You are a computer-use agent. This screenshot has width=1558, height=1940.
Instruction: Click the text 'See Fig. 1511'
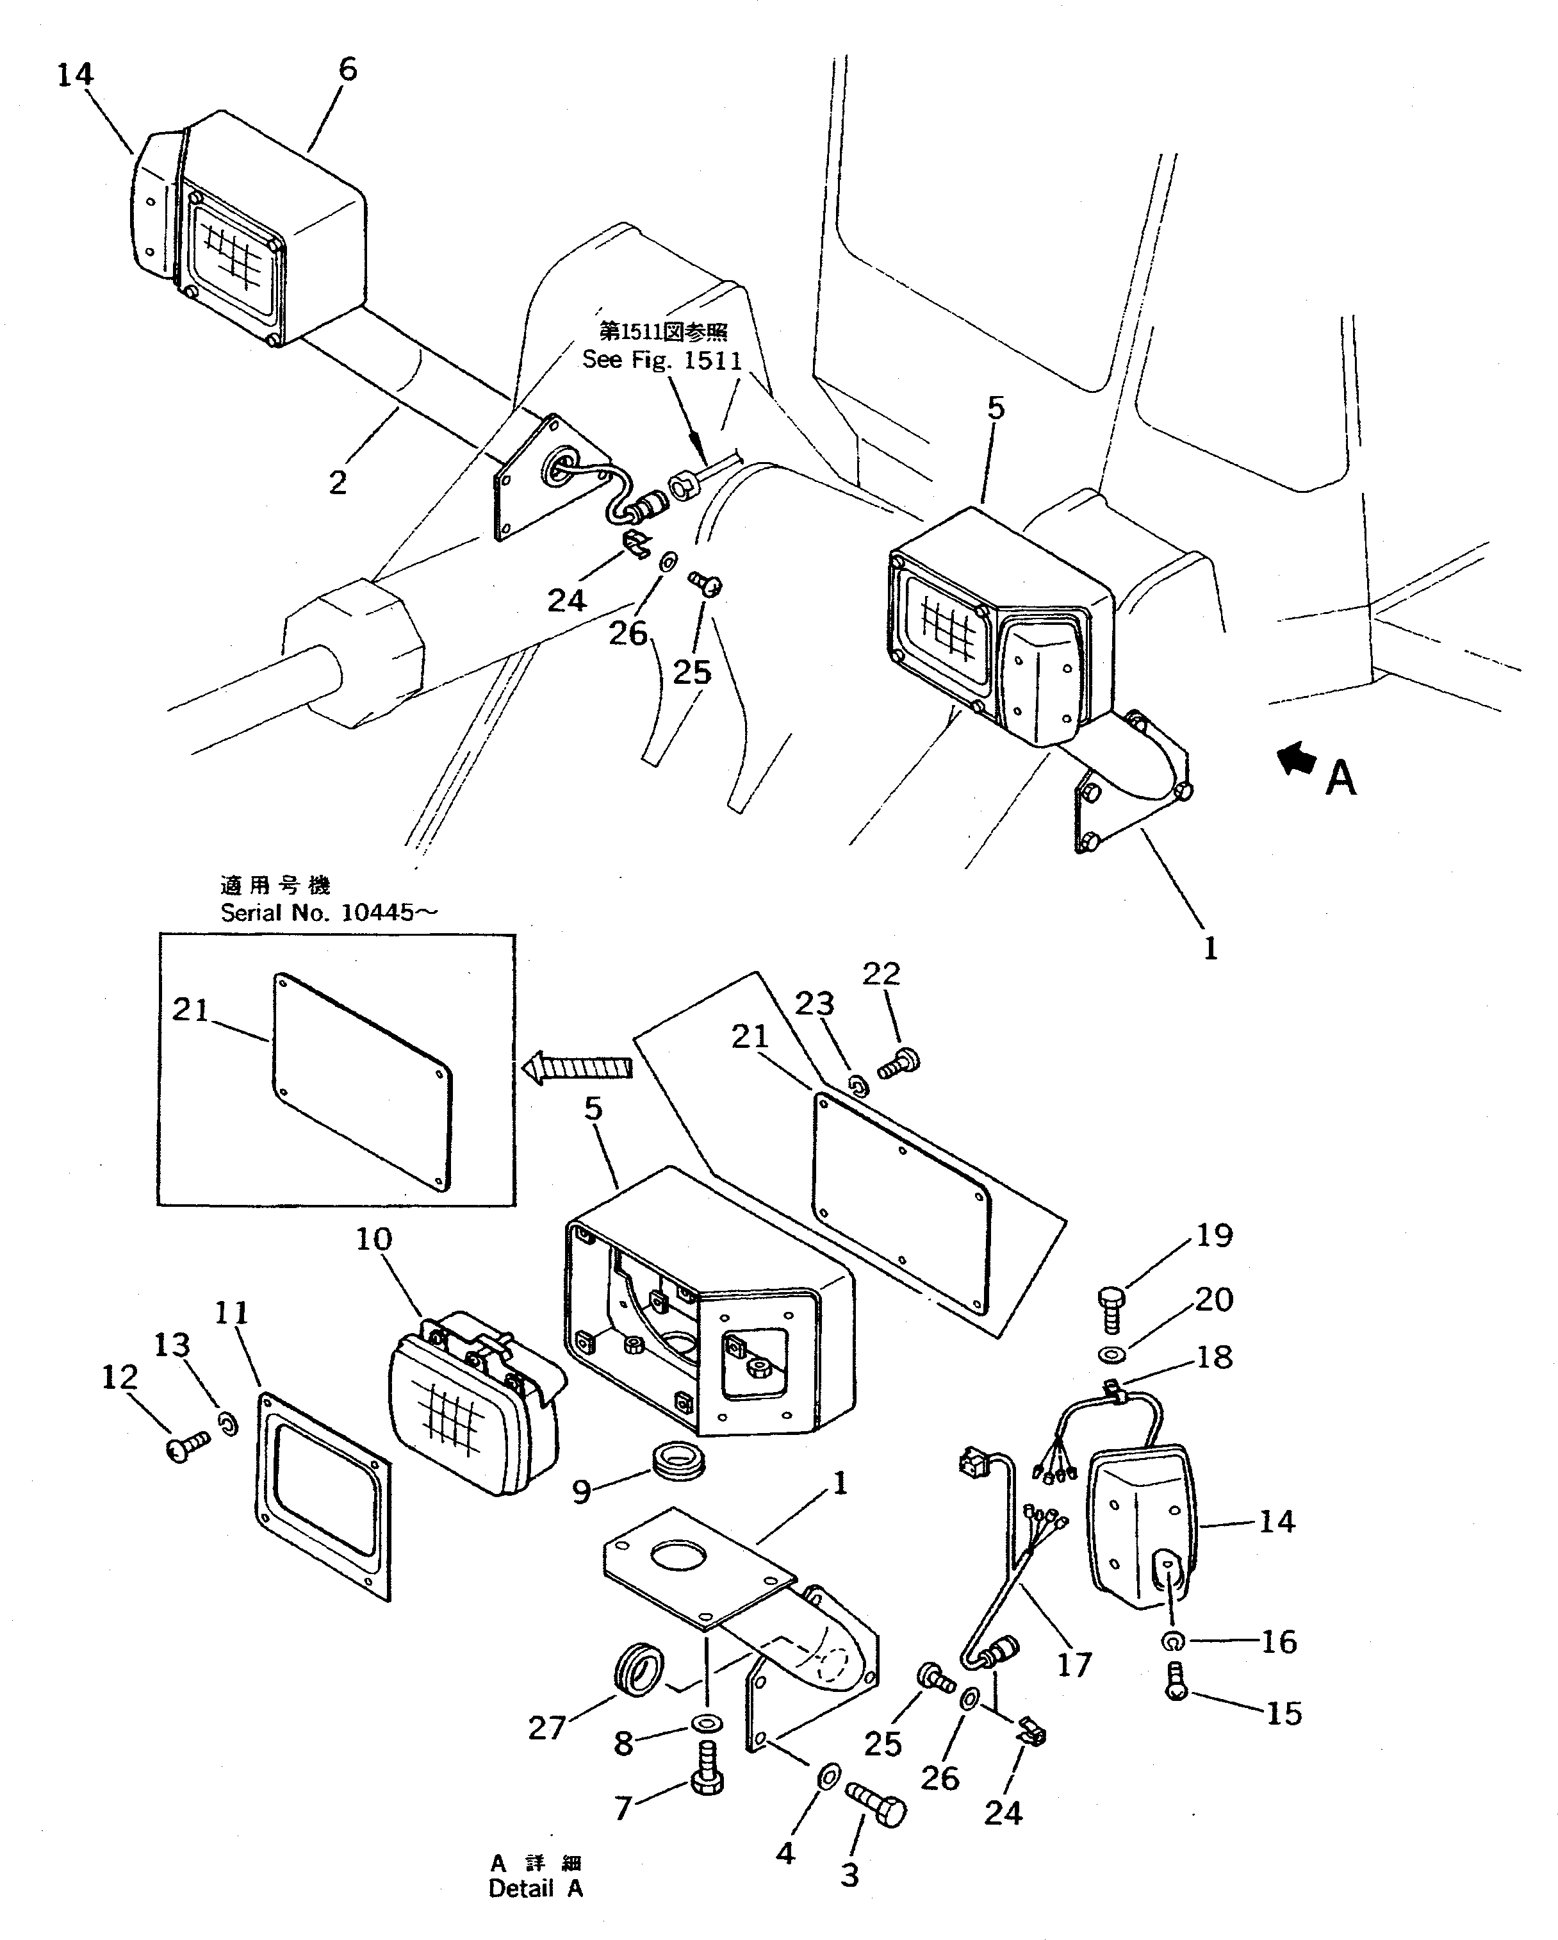click(x=662, y=361)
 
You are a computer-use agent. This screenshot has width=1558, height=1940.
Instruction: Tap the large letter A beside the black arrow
click(x=1340, y=778)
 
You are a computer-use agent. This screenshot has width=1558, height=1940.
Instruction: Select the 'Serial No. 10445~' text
click(x=329, y=913)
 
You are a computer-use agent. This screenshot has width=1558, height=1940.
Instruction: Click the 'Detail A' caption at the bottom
click(x=536, y=1889)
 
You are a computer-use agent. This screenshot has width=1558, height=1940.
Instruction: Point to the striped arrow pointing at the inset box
click(x=577, y=1068)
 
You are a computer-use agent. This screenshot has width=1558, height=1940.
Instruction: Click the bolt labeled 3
click(x=877, y=1802)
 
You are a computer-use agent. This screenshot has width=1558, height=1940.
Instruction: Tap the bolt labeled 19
click(x=1112, y=1312)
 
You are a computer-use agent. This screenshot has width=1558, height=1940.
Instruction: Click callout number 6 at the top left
click(x=347, y=69)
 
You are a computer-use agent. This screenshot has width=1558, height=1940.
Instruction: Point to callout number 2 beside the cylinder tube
click(x=338, y=483)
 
